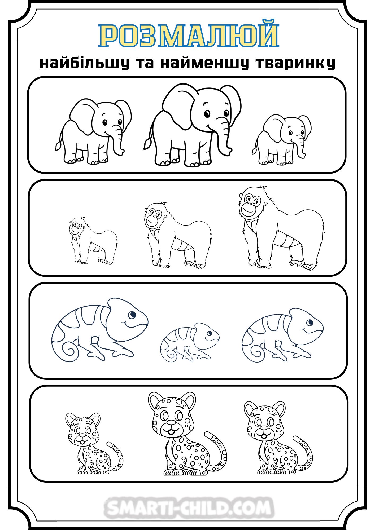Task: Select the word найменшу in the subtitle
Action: point(204,63)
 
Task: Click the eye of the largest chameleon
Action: point(132,315)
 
